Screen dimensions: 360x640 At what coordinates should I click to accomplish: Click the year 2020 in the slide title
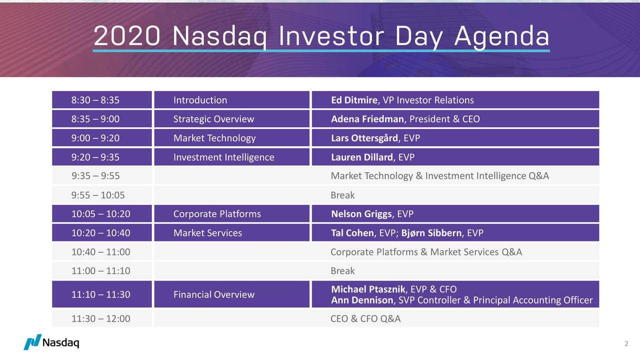pos(127,36)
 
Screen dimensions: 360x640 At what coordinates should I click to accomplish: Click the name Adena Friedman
pos(367,119)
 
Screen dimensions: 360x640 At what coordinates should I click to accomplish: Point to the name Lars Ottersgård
pos(364,138)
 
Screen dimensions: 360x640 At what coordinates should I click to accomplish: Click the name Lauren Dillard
pos(361,157)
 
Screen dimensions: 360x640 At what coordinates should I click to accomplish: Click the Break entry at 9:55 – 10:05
pos(342,195)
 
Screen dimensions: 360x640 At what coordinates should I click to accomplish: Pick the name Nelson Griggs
pos(361,214)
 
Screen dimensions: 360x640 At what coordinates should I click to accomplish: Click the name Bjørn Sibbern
pos(431,233)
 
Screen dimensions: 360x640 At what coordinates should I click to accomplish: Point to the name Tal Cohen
pos(352,233)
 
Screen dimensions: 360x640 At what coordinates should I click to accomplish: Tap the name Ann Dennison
pos(362,300)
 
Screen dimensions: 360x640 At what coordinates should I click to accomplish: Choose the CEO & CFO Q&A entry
pos(365,318)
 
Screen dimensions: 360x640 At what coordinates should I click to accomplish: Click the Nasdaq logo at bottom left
pos(51,342)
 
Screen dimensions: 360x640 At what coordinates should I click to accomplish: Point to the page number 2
pos(626,343)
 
